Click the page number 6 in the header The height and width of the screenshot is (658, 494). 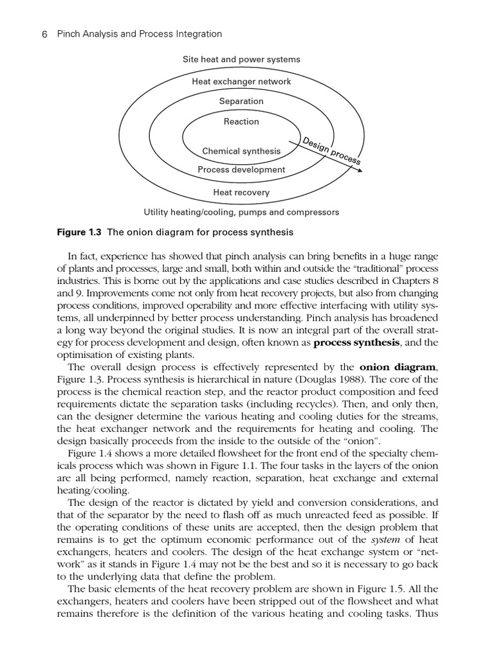pos(45,34)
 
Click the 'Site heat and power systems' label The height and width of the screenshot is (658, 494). pos(241,60)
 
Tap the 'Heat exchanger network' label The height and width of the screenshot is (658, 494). pos(241,82)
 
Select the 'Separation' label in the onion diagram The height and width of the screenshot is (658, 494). pos(241,101)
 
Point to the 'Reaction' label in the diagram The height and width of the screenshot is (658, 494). pos(241,121)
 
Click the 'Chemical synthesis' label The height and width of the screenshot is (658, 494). pos(241,151)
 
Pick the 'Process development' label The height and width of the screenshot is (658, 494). pos(241,170)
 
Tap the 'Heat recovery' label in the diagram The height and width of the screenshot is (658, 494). pos(241,192)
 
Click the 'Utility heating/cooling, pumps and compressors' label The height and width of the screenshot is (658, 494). pos(241,212)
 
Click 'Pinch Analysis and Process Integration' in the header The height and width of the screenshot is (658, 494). pos(139,34)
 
